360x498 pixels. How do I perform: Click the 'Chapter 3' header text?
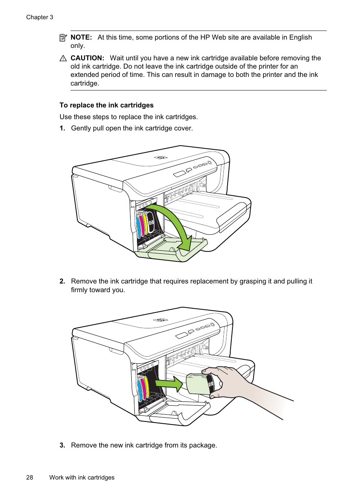[x=40, y=17]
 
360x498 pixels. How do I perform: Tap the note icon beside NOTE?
[x=63, y=37]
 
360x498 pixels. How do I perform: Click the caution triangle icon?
[x=63, y=58]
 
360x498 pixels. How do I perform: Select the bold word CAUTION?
[x=87, y=58]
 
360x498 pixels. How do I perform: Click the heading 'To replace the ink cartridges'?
[x=106, y=105]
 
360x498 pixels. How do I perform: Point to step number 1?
[x=62, y=128]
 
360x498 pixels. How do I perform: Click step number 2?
[x=62, y=281]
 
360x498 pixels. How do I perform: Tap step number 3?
[x=62, y=445]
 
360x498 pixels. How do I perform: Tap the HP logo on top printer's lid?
[x=160, y=158]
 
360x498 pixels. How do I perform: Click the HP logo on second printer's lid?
[x=160, y=320]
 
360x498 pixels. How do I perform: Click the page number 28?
[x=29, y=477]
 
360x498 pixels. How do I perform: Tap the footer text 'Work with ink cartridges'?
[x=82, y=477]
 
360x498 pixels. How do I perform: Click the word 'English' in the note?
[x=300, y=37]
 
